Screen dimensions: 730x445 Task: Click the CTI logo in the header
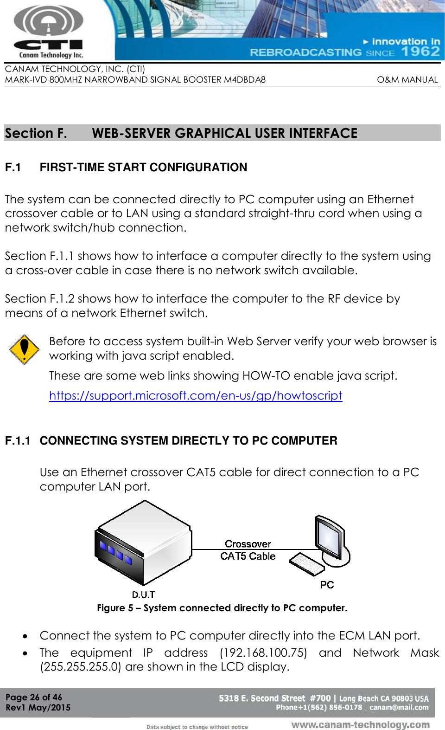tap(48, 32)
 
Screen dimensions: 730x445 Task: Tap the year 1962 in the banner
tap(420, 52)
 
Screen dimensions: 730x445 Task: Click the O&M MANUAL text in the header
tap(407, 79)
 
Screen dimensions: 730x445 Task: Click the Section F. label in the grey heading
tap(36, 133)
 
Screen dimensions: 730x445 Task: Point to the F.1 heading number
tap(13, 167)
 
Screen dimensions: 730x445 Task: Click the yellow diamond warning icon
tap(24, 349)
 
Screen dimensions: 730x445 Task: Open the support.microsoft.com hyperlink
tap(195, 395)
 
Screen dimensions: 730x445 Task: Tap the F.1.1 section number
tap(18, 440)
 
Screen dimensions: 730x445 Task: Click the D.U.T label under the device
tap(143, 594)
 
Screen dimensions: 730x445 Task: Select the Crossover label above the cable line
tap(248, 544)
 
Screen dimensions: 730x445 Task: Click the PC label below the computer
tap(327, 585)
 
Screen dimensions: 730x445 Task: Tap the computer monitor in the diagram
tap(331, 538)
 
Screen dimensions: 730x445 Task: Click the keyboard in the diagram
tap(306, 564)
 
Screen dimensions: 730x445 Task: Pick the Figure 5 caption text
tap(222, 608)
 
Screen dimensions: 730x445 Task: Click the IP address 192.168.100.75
tap(263, 652)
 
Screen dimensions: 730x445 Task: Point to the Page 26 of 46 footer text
tap(33, 697)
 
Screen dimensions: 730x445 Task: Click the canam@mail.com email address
tap(399, 708)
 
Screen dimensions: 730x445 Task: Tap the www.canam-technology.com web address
tap(360, 724)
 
